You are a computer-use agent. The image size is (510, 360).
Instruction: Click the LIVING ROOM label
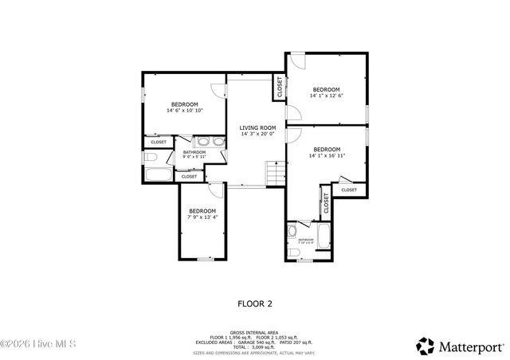pyautogui.click(x=258, y=127)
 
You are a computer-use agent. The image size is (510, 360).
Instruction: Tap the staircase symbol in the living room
pyautogui.click(x=274, y=173)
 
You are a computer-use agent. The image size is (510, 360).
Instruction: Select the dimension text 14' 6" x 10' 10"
pyautogui.click(x=185, y=111)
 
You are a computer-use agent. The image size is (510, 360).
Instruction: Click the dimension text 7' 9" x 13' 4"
pyautogui.click(x=202, y=216)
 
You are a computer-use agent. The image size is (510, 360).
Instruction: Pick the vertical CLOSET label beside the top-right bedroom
pyautogui.click(x=280, y=86)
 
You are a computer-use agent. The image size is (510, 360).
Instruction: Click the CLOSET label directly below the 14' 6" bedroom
pyautogui.click(x=159, y=143)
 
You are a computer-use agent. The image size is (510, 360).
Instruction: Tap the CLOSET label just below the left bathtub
pyautogui.click(x=189, y=177)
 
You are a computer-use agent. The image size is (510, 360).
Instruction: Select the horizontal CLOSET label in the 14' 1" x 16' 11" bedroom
pyautogui.click(x=349, y=190)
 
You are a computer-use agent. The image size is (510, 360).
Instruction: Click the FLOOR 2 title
pyautogui.click(x=255, y=303)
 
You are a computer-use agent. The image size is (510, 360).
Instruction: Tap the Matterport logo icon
pyautogui.click(x=426, y=346)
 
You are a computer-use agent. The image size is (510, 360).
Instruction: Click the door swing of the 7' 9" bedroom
pyautogui.click(x=215, y=190)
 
